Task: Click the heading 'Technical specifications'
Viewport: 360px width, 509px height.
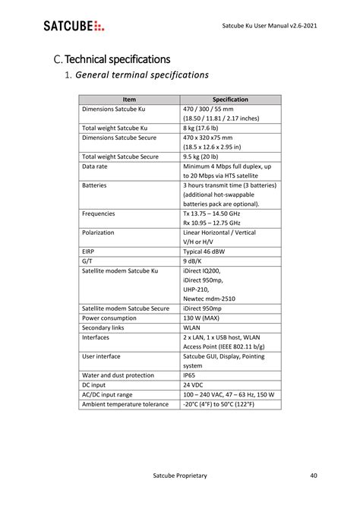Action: point(112,59)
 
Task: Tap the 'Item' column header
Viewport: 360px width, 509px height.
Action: point(129,100)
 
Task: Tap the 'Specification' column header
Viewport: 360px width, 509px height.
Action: point(230,100)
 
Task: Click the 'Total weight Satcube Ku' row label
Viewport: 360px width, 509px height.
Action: point(115,128)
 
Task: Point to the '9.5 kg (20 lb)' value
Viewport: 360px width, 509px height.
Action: point(207,156)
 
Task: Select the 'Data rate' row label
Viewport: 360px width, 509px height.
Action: point(95,166)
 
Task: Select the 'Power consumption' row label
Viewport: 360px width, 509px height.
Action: point(109,318)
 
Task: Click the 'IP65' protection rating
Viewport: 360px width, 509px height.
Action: point(190,375)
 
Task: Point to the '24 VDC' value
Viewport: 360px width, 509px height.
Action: point(194,385)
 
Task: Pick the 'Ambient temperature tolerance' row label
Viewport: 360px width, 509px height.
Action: point(125,404)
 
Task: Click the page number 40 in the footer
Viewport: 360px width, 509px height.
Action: point(314,476)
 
